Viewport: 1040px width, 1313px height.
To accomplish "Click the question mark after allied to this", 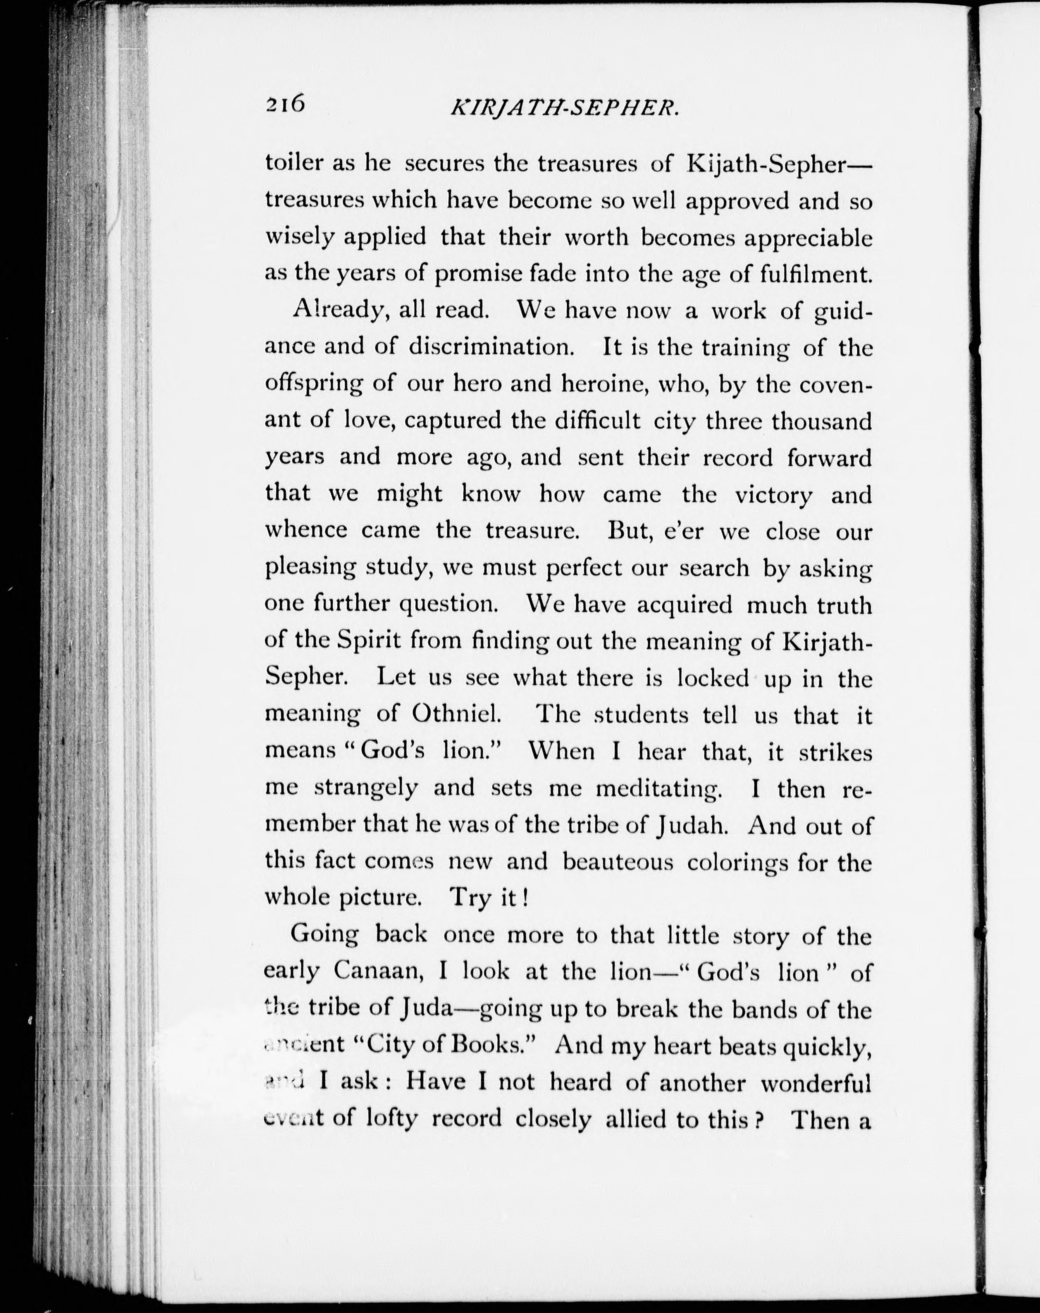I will pos(758,1120).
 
